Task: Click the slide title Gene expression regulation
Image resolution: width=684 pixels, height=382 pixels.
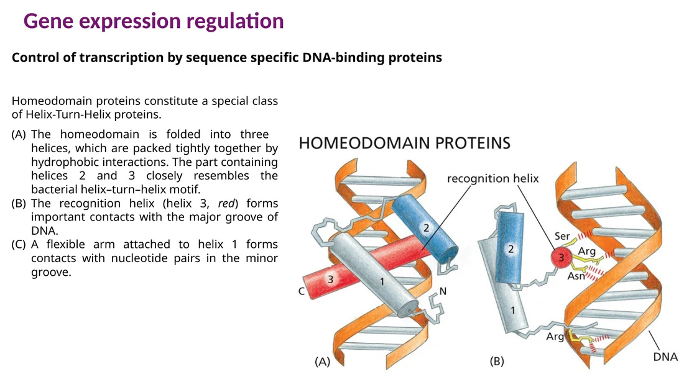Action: (154, 21)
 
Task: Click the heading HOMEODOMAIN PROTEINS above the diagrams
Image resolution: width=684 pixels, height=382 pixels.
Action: (404, 143)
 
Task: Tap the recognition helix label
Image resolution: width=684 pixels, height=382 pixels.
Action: (493, 179)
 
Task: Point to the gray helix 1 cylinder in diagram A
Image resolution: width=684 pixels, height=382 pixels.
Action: (373, 275)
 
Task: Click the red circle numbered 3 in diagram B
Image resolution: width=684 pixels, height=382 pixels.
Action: (562, 258)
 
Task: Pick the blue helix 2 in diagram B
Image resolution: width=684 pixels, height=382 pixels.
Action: (509, 248)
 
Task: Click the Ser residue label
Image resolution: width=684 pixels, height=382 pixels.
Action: (562, 236)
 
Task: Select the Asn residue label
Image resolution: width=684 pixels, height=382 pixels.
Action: (576, 276)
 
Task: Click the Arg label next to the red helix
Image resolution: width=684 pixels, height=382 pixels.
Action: (587, 252)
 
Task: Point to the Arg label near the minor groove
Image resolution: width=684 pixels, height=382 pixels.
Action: (555, 337)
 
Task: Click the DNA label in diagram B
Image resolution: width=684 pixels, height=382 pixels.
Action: (665, 357)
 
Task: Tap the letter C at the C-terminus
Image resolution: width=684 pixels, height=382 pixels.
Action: (302, 291)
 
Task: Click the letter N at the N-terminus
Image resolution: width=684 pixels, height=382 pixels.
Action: (443, 291)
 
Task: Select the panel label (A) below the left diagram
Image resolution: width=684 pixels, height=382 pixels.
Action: (322, 362)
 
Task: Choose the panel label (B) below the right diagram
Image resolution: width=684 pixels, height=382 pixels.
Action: (497, 361)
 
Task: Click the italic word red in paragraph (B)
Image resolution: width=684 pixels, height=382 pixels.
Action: (226, 203)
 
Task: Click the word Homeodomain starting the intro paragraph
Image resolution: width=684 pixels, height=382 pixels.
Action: (52, 101)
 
